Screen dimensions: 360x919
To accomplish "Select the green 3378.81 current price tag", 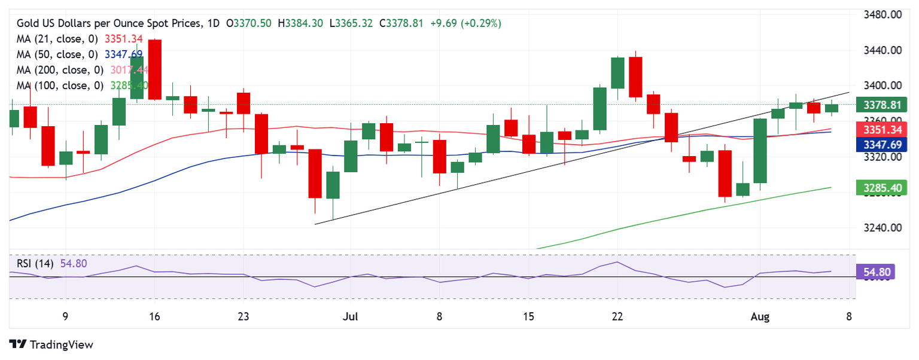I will [883, 106].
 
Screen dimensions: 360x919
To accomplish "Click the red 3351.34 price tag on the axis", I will [883, 130].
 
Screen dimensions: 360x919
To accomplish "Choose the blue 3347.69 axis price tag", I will [883, 144].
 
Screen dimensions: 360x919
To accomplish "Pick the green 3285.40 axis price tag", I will [883, 188].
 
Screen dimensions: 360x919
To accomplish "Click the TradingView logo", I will [51, 344].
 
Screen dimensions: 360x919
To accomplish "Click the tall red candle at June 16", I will [154, 69].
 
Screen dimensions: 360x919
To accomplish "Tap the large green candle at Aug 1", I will [760, 150].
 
